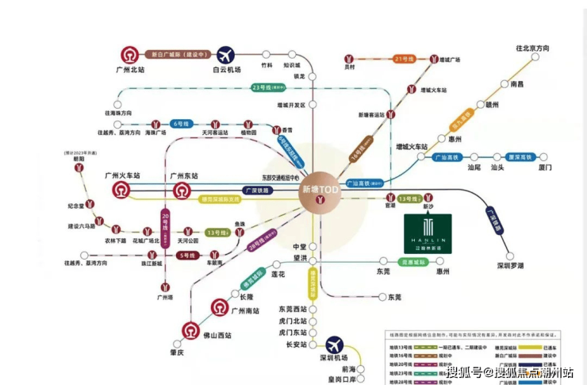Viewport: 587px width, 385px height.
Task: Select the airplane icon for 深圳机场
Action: (x=336, y=346)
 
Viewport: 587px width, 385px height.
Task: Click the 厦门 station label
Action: (x=544, y=167)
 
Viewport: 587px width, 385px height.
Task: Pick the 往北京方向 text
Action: (x=543, y=49)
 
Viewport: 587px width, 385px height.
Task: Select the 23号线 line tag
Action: (x=259, y=87)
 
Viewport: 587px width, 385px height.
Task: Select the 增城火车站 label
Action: (x=412, y=147)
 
